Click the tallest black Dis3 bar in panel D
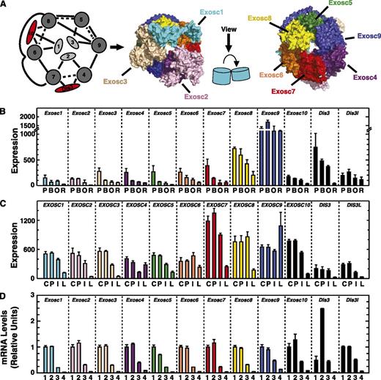click(322, 329)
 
